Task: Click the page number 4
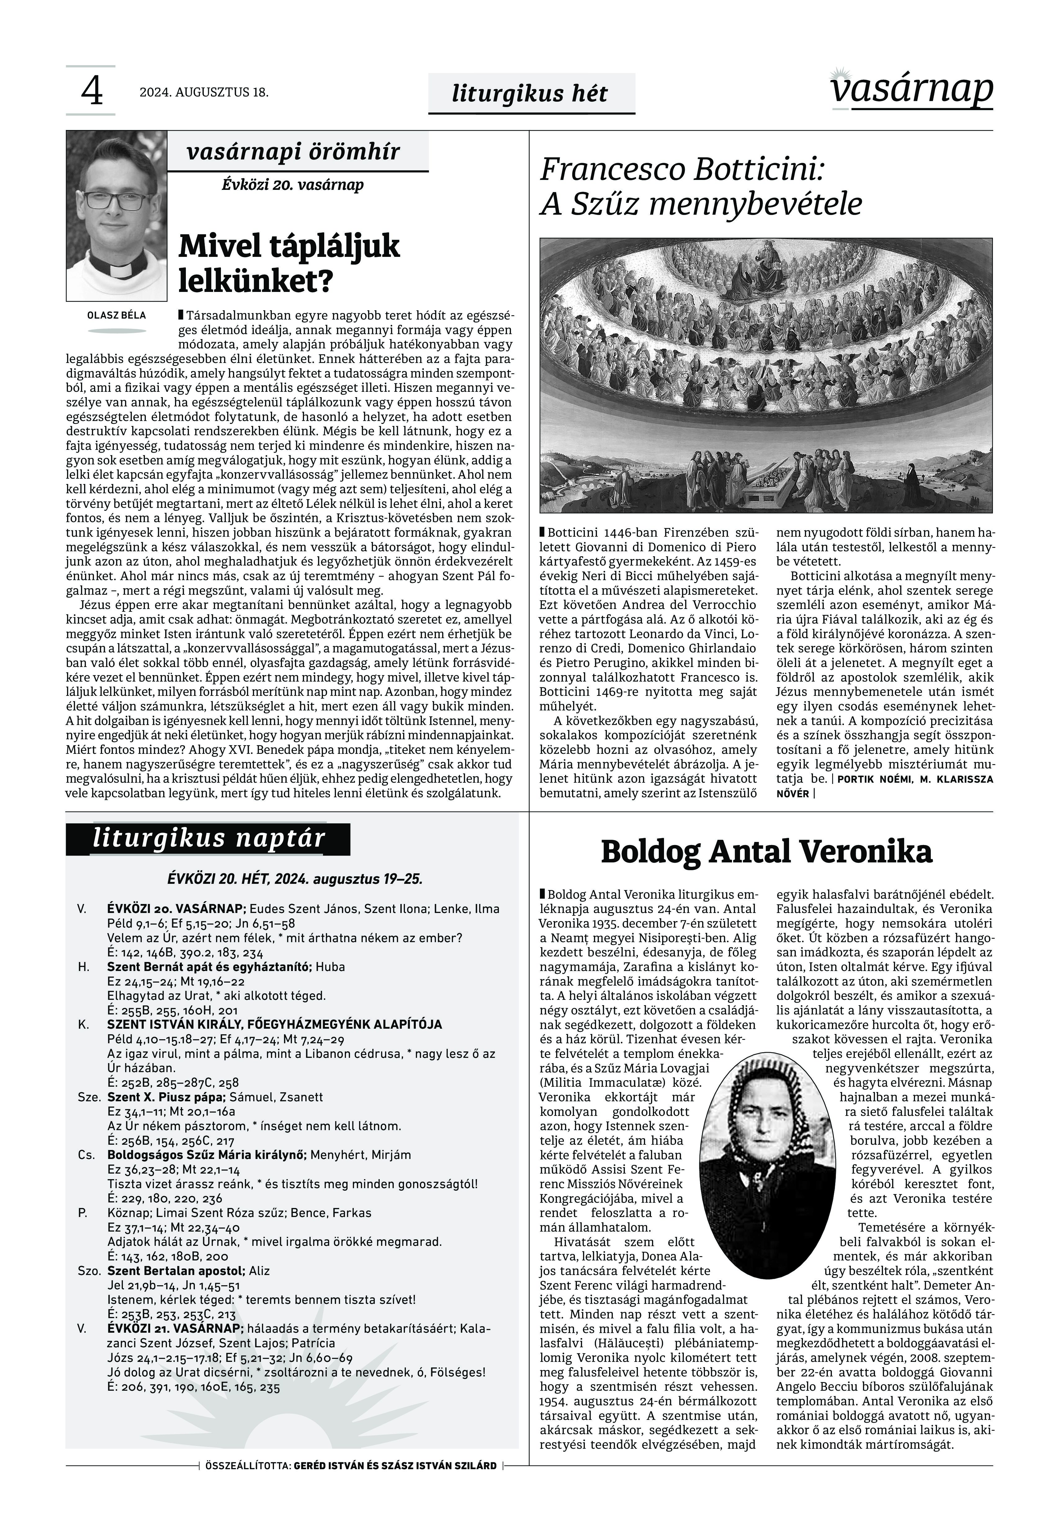tap(92, 92)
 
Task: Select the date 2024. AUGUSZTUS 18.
tap(204, 92)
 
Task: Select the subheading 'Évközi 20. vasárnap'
tap(293, 184)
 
